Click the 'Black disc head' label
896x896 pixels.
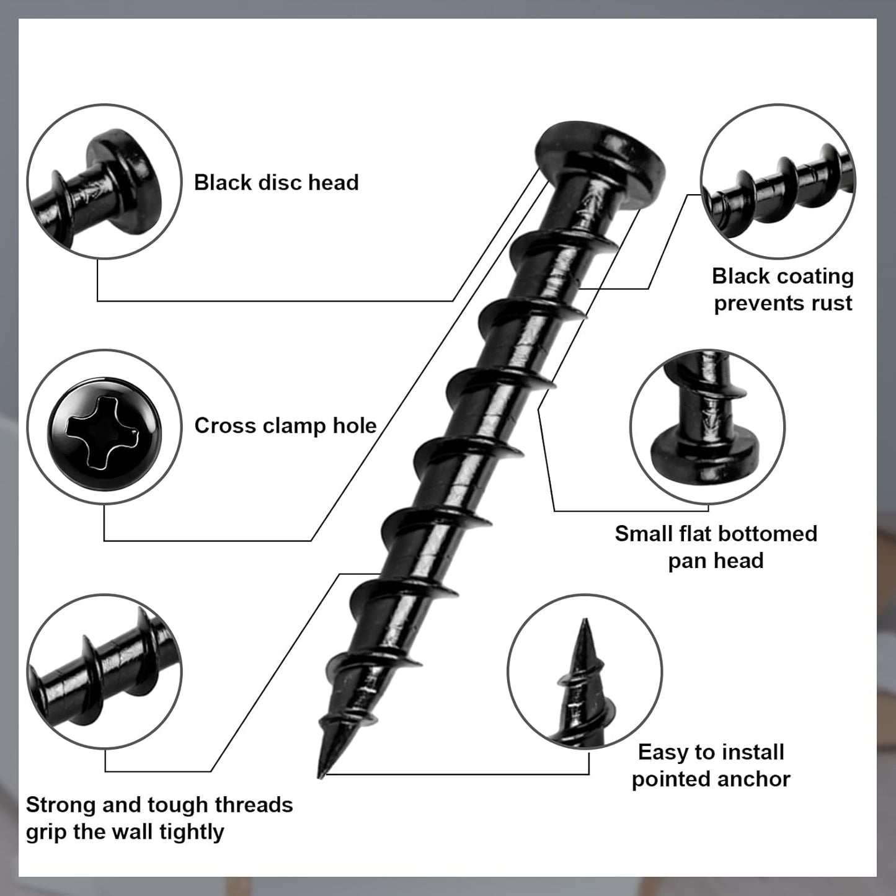pyautogui.click(x=276, y=182)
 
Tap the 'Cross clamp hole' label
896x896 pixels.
pyautogui.click(x=285, y=425)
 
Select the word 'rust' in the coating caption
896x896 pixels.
pyautogui.click(x=832, y=303)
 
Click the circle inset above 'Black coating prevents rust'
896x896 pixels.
pyautogui.click(x=778, y=181)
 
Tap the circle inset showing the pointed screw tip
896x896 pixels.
pyautogui.click(x=585, y=671)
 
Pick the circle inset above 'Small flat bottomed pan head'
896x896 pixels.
pyautogui.click(x=707, y=427)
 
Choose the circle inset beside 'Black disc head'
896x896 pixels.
pyautogui.click(x=104, y=181)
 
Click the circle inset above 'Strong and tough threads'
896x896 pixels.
pyautogui.click(x=104, y=671)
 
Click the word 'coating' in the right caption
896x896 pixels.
pyautogui.click(x=812, y=276)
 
